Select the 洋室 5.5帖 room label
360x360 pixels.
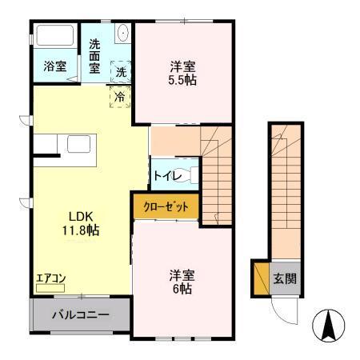click(183, 74)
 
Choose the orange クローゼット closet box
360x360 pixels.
click(166, 206)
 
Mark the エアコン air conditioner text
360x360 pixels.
click(51, 278)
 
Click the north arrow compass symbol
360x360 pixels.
click(328, 325)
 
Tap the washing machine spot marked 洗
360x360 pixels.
click(120, 71)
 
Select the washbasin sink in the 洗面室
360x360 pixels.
click(122, 34)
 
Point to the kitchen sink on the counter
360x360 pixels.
click(80, 145)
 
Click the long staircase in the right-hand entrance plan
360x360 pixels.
click(286, 192)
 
